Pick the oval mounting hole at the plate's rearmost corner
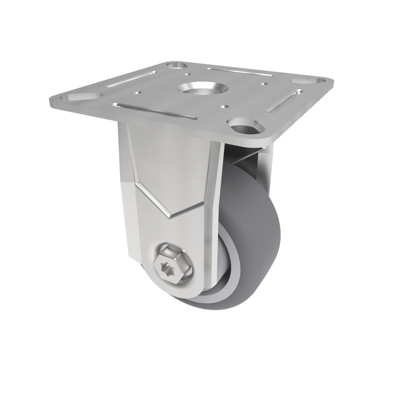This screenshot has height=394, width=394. tap(177, 65)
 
